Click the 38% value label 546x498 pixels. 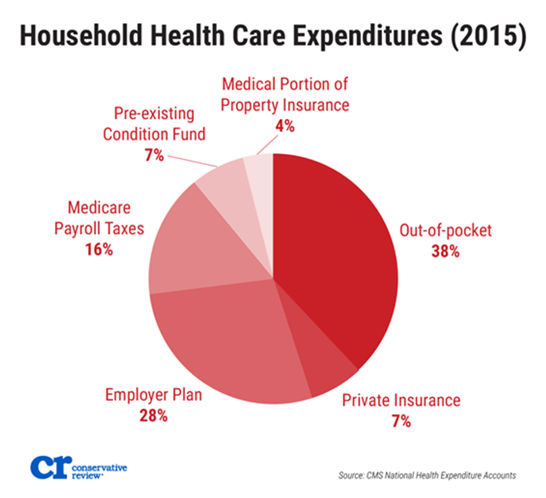[x=445, y=252]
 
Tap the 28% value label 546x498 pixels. [x=154, y=416]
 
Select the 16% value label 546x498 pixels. [x=99, y=249]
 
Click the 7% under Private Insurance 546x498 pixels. [x=401, y=421]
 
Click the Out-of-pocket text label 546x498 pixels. [x=446, y=230]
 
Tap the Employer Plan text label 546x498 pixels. [x=154, y=395]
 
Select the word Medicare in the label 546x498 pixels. [x=99, y=208]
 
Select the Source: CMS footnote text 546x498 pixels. [x=427, y=476]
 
